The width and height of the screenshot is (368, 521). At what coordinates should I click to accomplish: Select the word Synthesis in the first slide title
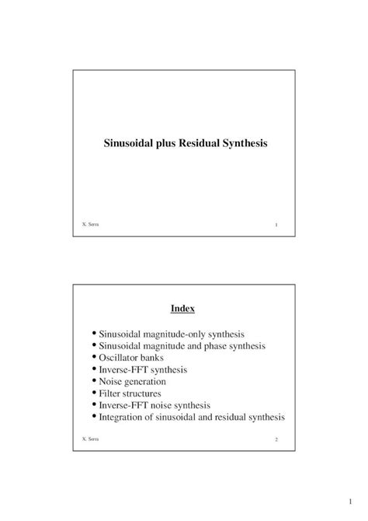point(246,144)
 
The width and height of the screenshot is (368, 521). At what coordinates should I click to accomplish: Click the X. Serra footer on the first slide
point(90,225)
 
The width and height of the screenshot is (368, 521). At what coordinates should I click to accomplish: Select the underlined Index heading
point(183,309)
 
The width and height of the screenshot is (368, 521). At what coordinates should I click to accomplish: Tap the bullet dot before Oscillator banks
point(94,357)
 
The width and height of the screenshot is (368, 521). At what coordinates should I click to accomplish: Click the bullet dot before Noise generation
point(94,381)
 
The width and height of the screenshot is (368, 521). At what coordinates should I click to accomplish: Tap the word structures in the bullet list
point(144,393)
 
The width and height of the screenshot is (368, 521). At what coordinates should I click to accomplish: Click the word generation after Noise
point(144,382)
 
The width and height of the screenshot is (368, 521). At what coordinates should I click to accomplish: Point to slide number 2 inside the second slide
point(276,440)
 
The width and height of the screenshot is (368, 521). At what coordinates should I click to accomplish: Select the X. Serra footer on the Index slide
point(90,439)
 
